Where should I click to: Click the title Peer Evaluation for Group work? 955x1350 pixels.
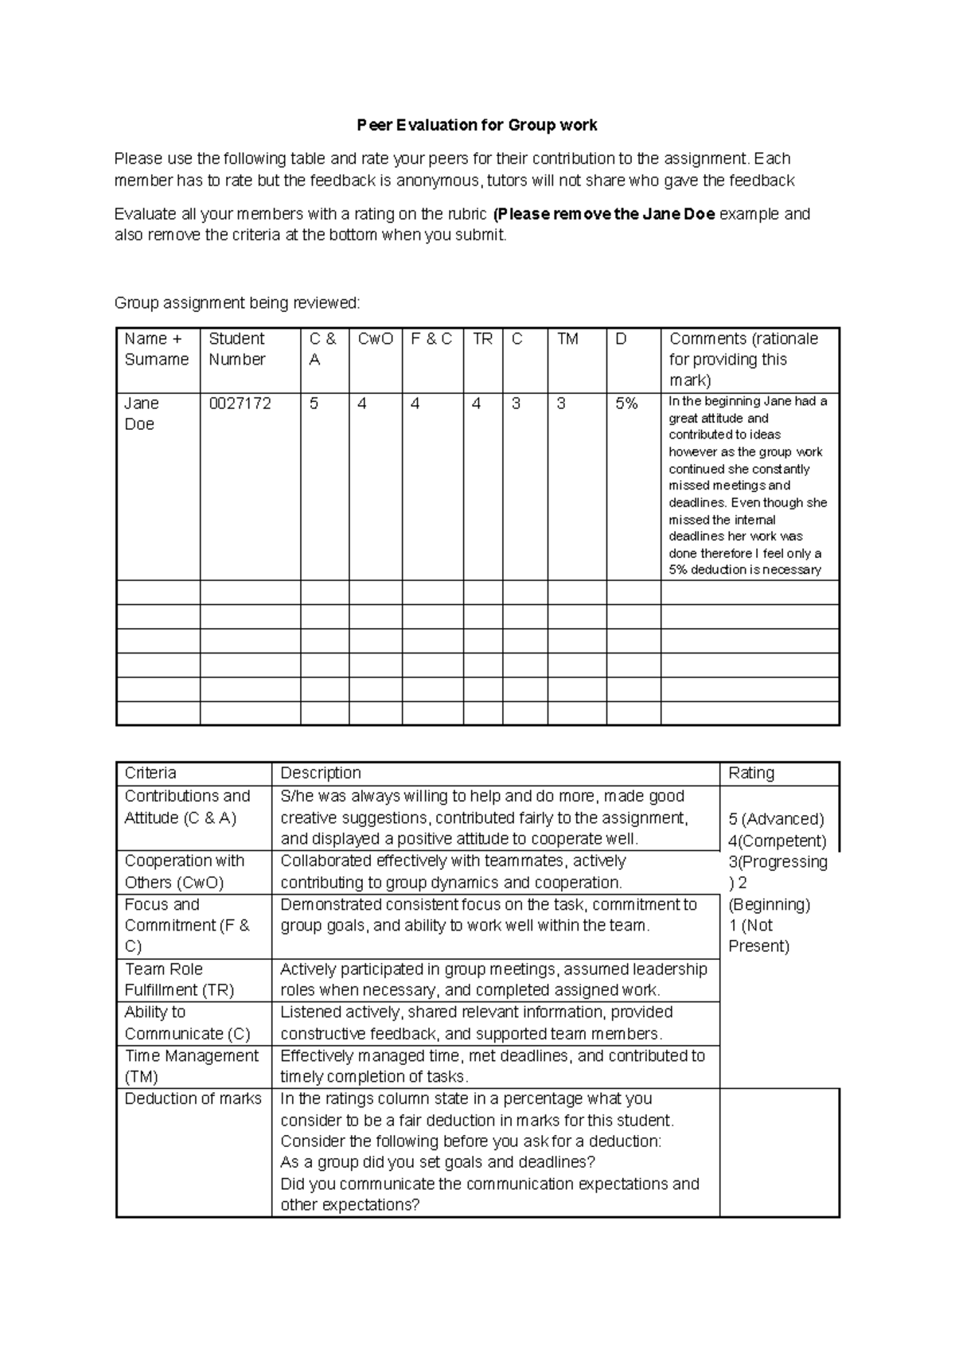477,125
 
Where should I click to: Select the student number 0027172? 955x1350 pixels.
240,404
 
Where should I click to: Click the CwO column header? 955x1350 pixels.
375,339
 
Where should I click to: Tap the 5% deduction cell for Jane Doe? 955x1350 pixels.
626,404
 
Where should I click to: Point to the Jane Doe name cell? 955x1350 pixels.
142,413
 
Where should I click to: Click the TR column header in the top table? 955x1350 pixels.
482,339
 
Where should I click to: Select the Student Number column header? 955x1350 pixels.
237,349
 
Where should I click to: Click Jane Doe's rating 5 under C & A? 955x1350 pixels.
314,404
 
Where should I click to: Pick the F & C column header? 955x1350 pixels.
431,339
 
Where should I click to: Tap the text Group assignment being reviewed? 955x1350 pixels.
237,302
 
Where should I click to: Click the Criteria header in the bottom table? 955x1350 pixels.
150,773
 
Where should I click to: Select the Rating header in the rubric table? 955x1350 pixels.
750,773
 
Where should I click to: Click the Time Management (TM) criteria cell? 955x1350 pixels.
191,1066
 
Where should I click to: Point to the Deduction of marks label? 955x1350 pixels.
193,1098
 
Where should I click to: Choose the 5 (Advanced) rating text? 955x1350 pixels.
776,819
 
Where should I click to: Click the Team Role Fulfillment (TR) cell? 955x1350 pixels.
179,979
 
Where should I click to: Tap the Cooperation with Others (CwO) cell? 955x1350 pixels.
184,871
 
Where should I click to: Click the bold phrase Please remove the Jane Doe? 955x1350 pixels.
604,213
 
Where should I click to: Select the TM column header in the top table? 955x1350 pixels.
567,339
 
